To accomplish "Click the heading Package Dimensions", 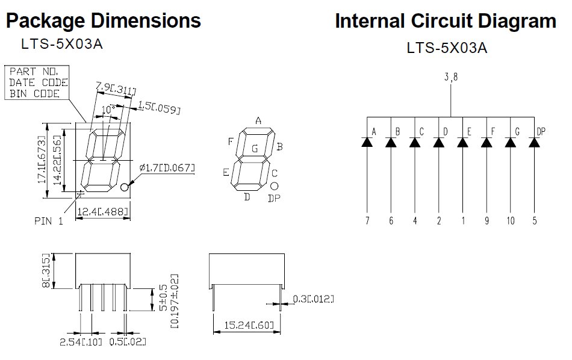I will coord(103,21).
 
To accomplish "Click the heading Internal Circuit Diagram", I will coord(446,21).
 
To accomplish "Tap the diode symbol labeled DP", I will coord(534,143).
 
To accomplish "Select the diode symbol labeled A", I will coord(367,143).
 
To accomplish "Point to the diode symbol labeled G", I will coord(510,143).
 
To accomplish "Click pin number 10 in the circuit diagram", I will coord(510,221).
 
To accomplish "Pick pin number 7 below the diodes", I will coord(367,221).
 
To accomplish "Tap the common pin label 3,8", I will coord(451,77).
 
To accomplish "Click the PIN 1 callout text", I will coord(48,221).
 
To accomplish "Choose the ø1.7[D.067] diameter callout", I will coord(167,167).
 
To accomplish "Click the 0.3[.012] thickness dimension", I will coord(313,299).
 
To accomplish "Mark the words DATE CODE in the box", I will coord(38,82).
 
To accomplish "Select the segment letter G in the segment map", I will coord(255,147).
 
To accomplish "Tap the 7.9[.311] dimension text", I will coord(116,90).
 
